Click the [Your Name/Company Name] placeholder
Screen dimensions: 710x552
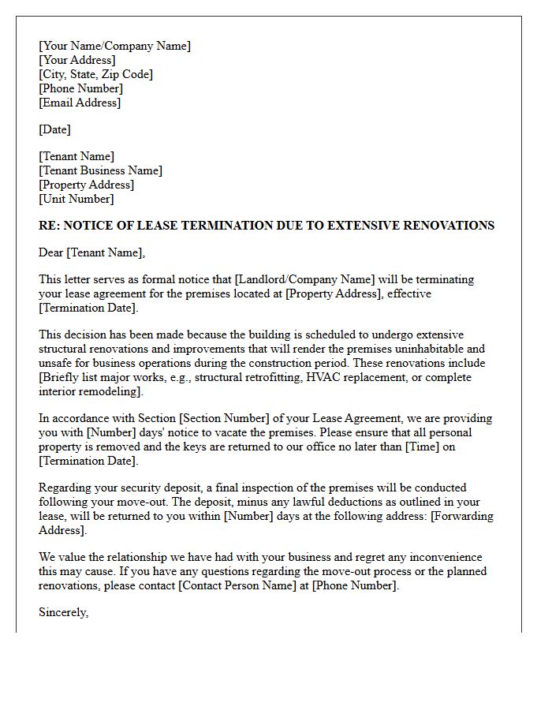click(114, 46)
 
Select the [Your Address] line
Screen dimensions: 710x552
click(76, 60)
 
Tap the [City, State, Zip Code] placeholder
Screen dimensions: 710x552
click(95, 74)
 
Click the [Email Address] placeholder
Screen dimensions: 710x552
click(80, 103)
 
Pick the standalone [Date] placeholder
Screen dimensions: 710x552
click(54, 129)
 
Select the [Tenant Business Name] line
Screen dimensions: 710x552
click(100, 170)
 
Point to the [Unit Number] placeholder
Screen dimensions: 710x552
click(76, 199)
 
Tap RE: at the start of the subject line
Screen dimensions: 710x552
click(49, 226)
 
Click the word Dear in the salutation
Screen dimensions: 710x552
click(51, 252)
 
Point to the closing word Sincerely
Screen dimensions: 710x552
click(63, 612)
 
